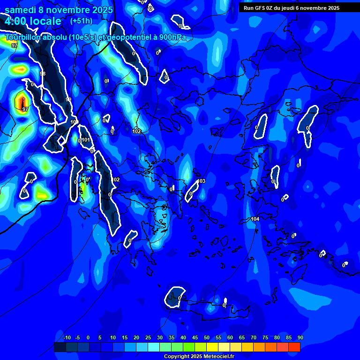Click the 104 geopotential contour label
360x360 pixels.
click(x=255, y=219)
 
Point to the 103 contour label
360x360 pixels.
click(x=202, y=181)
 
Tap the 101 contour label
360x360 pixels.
click(x=86, y=140)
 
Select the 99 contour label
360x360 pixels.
click(x=68, y=99)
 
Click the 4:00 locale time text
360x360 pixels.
click(x=33, y=21)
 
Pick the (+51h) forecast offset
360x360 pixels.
click(x=81, y=21)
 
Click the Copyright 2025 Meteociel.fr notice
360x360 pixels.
click(x=199, y=356)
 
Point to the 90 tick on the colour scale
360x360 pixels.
click(x=300, y=337)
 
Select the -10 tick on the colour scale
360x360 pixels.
click(x=67, y=337)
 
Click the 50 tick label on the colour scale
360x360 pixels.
click(x=207, y=337)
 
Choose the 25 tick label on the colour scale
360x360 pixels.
click(x=148, y=337)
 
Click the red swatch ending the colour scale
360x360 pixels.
click(x=294, y=347)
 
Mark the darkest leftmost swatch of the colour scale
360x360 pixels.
click(x=60, y=347)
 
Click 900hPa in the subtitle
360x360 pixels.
click(x=172, y=37)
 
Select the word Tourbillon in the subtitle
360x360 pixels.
click(x=23, y=37)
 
